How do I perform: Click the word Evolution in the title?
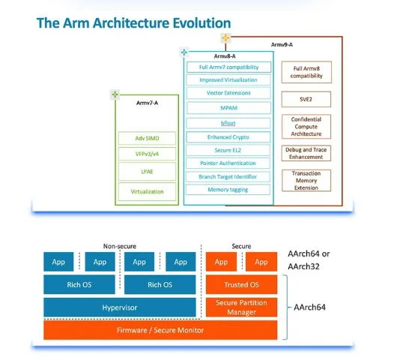(x=201, y=23)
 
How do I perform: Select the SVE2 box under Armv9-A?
(x=306, y=99)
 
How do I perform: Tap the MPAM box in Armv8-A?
(x=228, y=108)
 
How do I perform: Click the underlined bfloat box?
(x=228, y=123)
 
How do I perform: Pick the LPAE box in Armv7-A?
(x=147, y=172)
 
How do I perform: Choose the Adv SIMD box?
(x=147, y=138)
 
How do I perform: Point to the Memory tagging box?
(x=228, y=190)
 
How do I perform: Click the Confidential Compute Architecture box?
(x=306, y=127)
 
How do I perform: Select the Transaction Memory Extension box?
(x=306, y=181)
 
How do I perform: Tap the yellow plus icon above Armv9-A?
(x=225, y=38)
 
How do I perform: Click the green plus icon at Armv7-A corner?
(x=115, y=94)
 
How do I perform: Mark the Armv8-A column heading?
(x=225, y=56)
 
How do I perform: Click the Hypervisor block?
(x=120, y=307)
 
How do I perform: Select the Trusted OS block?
(x=241, y=284)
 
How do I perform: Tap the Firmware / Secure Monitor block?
(x=160, y=330)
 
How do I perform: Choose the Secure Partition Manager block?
(x=241, y=307)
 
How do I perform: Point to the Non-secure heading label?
(x=120, y=246)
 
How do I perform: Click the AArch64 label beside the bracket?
(x=309, y=307)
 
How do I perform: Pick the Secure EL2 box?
(x=228, y=150)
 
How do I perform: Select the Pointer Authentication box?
(x=228, y=163)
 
